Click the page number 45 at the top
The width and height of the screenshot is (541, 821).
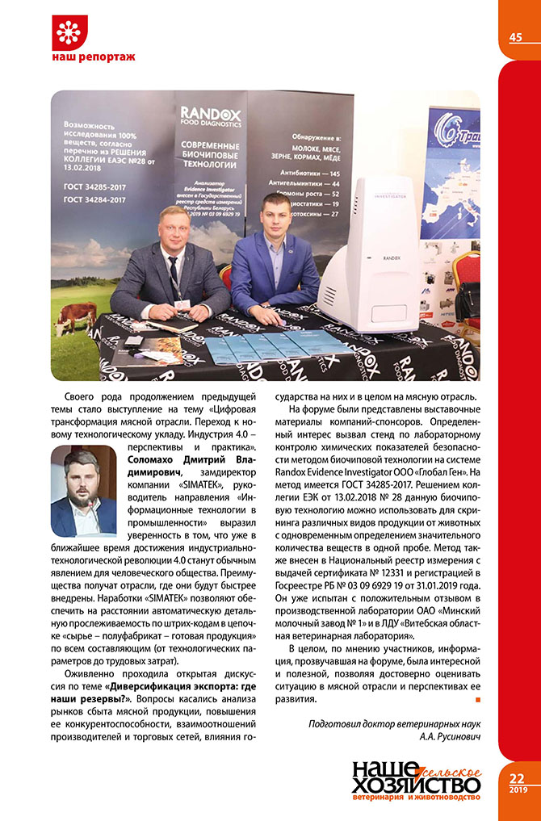(x=515, y=37)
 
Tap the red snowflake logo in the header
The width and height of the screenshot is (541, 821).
(x=68, y=33)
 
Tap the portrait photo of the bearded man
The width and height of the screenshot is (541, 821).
(x=84, y=492)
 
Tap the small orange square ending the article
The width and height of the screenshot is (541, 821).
(x=478, y=698)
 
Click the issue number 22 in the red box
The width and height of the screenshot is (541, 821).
(x=517, y=778)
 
